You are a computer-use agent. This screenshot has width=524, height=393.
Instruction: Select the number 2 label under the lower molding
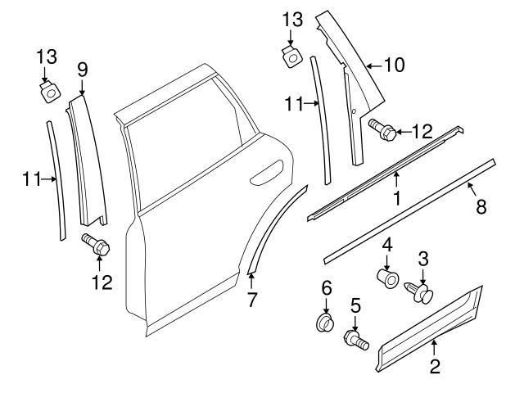point(435,367)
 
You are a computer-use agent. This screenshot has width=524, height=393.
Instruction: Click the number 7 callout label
point(251,300)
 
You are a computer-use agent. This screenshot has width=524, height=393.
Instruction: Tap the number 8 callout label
point(481,207)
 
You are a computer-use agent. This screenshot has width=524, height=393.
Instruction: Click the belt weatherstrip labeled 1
point(385,174)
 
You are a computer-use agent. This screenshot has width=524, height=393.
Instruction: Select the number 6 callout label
point(325,287)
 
